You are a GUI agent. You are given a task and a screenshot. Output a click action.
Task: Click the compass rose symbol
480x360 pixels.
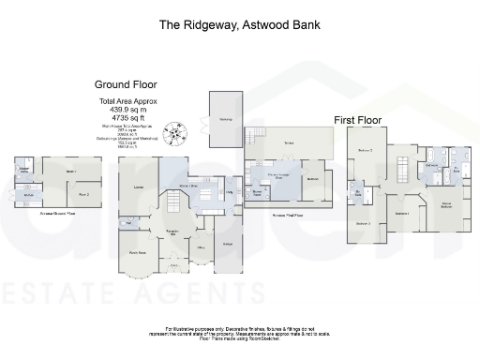coord(172,135)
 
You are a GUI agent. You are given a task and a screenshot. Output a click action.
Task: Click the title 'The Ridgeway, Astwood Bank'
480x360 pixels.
coord(239,23)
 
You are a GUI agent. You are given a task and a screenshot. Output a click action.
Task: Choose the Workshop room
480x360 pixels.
coord(225,119)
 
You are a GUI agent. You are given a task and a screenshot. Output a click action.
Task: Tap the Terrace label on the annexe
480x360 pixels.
coord(289,143)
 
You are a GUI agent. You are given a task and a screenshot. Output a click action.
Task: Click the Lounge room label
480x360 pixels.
coord(138,188)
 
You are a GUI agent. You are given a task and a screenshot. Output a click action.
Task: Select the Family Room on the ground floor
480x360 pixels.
coord(139,252)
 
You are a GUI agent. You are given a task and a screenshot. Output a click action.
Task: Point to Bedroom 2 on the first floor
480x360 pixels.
coord(366,151)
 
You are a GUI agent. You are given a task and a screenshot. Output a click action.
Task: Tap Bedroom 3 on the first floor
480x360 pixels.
coord(363,223)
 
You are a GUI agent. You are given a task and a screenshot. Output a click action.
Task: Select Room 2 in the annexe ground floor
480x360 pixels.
coord(82,194)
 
